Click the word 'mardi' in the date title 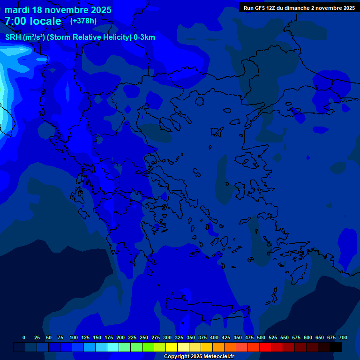(x=17, y=10)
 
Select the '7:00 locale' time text (x=33, y=21)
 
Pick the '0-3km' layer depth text (x=144, y=37)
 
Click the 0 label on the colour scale (x=24, y=337)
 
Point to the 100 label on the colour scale (x=74, y=337)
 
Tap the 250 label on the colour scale (x=144, y=337)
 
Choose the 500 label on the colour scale (x=261, y=337)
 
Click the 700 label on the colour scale (x=343, y=337)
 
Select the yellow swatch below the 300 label (x=172, y=347)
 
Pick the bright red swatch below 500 (x=265, y=347)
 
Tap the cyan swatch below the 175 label (x=113, y=347)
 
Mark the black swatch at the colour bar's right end (x=336, y=347)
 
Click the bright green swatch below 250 (x=148, y=347)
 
